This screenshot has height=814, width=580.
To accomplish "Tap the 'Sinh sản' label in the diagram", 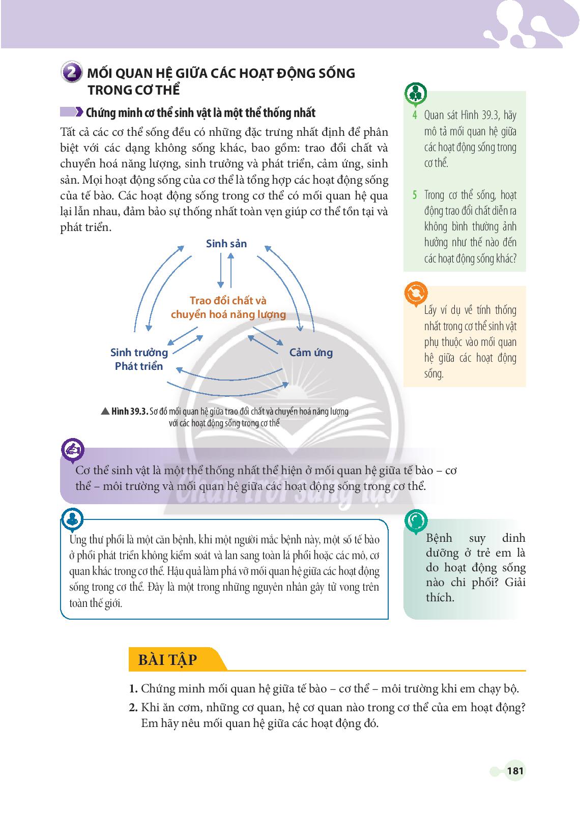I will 226,244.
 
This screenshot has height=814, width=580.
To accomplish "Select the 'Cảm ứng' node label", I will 311,353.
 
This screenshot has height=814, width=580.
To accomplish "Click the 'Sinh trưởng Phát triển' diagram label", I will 139,359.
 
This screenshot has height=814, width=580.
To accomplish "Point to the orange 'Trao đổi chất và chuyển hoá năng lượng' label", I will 228,307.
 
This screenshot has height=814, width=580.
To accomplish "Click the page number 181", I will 515,771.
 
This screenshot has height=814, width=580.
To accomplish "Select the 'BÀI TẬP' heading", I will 167,659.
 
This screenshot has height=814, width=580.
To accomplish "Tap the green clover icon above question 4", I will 416,94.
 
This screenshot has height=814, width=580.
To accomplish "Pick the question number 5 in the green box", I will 414,195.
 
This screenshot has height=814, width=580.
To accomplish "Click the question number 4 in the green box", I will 415,115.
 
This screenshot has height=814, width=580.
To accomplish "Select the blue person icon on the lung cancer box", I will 72,519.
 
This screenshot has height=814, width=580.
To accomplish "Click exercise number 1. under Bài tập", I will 133,689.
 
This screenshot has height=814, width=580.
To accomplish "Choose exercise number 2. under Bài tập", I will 133,707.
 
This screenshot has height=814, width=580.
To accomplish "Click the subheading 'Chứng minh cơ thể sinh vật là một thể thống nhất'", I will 201,112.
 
